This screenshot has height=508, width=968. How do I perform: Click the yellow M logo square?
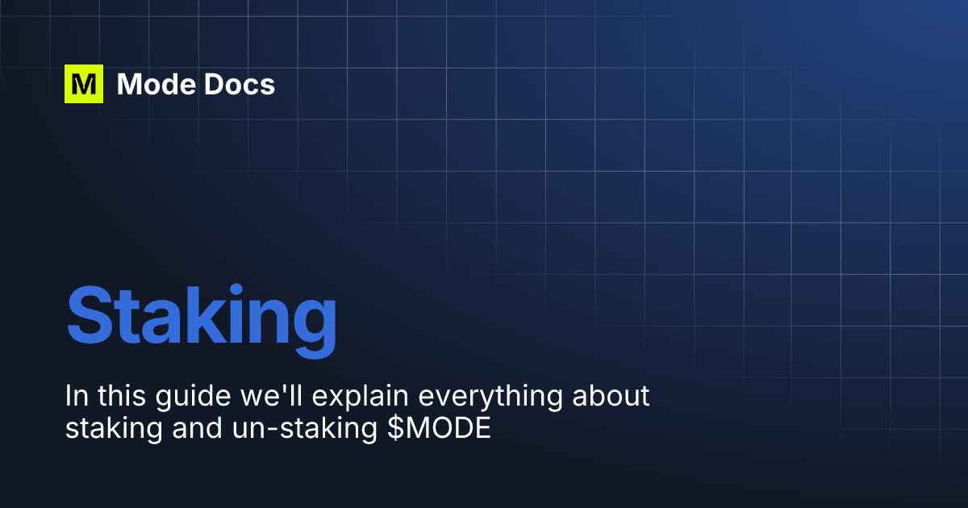click(84, 84)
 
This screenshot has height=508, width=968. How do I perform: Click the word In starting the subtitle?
click(74, 397)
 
